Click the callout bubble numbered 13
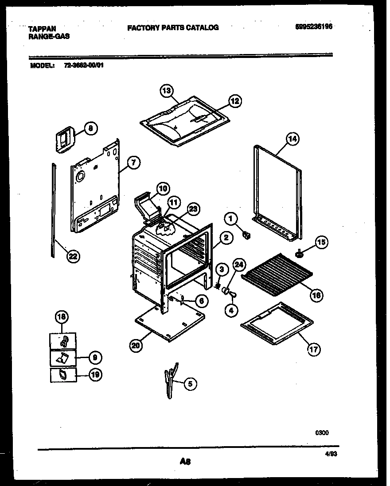166,91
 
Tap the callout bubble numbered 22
73,256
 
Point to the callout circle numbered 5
190,384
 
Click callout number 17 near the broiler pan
313,348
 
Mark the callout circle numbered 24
239,265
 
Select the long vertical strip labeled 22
54,208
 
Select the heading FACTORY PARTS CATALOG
173,27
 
